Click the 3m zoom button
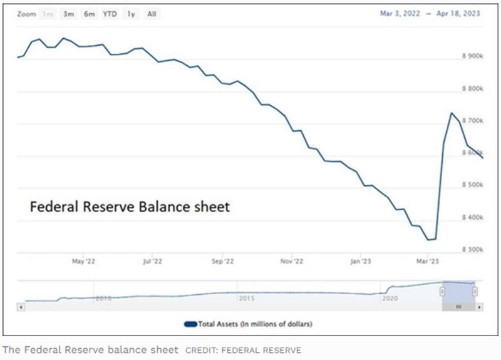coord(69,14)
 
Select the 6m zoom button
coord(90,14)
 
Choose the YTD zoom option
coord(110,14)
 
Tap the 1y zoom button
coord(131,14)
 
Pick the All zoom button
coord(151,14)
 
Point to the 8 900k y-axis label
coord(472,56)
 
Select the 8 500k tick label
coord(472,185)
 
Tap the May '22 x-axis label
coord(83,260)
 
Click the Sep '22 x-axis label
coord(222,260)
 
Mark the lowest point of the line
coord(429,239)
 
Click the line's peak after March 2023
coord(452,113)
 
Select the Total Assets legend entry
coord(248,324)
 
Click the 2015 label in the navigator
coord(247,299)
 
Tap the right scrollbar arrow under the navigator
coord(480,307)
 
